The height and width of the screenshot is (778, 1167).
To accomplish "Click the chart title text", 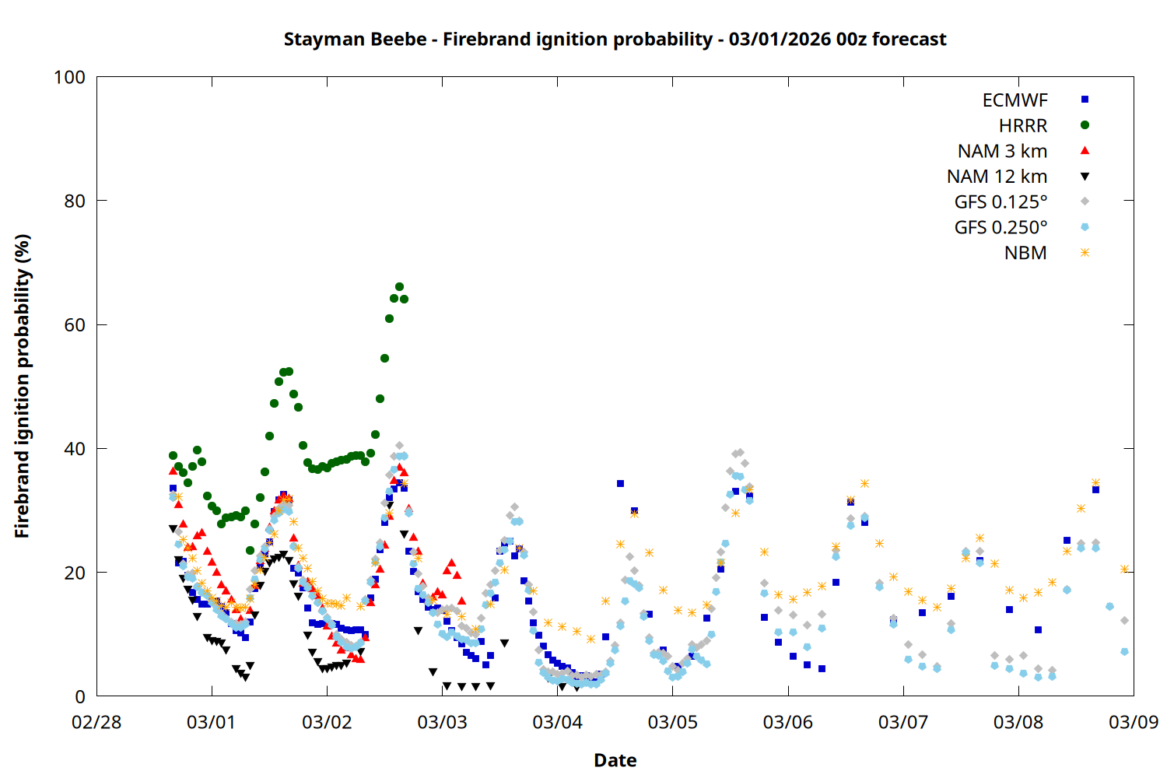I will point(615,39).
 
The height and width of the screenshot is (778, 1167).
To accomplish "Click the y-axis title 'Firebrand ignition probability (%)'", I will point(23,386).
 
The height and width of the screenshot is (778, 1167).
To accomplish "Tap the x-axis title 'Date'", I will point(615,760).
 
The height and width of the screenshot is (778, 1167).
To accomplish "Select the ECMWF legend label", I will point(1015,100).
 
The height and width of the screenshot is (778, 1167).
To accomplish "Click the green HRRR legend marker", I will point(1085,125).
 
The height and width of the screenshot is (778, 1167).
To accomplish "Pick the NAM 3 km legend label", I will point(1002,151).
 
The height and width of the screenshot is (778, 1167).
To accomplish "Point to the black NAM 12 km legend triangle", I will point(1085,177).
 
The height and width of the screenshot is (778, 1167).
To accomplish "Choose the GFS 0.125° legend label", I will point(1001,202).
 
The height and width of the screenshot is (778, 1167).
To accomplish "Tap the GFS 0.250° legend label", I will point(1001,228).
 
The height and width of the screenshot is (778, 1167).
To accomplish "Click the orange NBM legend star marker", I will point(1085,253).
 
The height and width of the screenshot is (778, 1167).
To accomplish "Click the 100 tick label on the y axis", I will point(69,77).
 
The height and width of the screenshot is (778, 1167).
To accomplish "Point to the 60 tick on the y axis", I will point(75,324).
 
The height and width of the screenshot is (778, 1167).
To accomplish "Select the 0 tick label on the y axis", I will point(80,697).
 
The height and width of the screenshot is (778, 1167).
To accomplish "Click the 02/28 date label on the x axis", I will point(96,722).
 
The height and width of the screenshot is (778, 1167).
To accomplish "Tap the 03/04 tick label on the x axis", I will point(557,722).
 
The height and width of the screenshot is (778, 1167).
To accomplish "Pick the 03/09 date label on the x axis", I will point(1133,722).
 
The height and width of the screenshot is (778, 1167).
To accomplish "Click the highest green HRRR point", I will point(399,287).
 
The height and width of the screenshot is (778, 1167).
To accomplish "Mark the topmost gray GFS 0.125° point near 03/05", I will point(740,452).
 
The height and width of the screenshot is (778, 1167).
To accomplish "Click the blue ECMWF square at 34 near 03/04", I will point(620,484).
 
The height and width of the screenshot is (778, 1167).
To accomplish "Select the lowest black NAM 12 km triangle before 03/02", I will point(245,678).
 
